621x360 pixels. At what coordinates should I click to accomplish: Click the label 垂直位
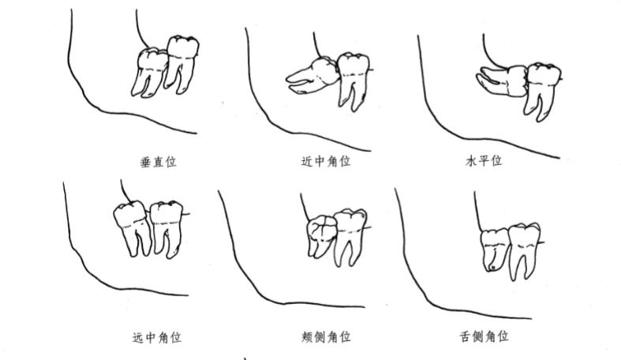[158, 162]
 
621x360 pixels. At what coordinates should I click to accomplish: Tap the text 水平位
[484, 162]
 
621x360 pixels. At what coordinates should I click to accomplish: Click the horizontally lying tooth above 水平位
[502, 79]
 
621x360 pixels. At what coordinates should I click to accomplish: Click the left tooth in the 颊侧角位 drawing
[319, 235]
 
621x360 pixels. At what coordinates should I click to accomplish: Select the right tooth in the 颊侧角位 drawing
[349, 233]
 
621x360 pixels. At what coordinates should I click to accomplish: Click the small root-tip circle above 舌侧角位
[492, 267]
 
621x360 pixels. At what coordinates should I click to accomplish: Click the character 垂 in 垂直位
[145, 162]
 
